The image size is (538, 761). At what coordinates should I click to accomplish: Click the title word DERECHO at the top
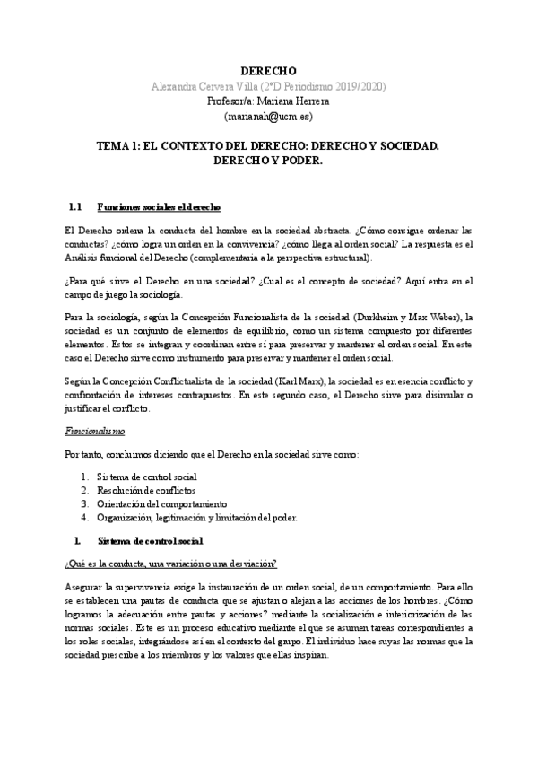point(269,71)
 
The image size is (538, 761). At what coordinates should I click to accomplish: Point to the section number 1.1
point(75,207)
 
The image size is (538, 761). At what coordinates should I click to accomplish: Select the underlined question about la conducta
point(165,563)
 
